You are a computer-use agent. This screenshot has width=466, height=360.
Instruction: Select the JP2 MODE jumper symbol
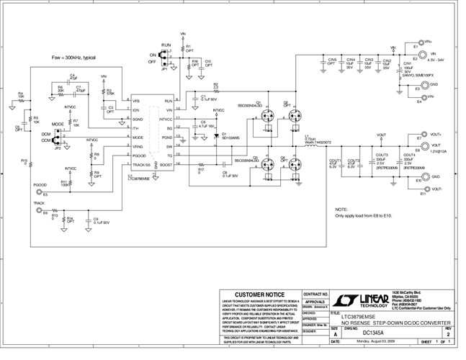(x=57, y=137)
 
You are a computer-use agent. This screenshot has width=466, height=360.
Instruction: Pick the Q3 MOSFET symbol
(x=267, y=163)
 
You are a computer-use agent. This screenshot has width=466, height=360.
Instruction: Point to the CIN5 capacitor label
(x=332, y=60)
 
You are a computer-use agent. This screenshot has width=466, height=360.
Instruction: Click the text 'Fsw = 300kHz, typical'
(x=73, y=57)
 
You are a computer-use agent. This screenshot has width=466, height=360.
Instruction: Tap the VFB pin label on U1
(x=135, y=101)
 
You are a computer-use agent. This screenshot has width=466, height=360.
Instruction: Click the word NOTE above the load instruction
(x=341, y=209)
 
